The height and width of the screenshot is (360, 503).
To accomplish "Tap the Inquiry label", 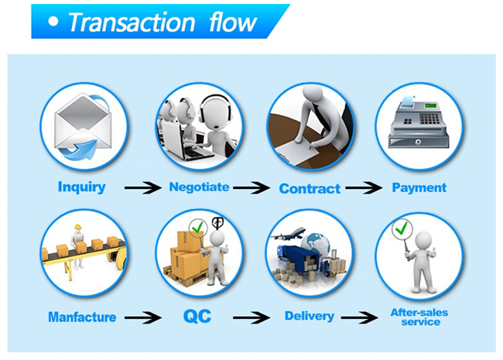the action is [81, 187].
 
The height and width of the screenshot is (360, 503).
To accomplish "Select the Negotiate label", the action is [199, 187].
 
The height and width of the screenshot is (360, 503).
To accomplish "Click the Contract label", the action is [310, 188].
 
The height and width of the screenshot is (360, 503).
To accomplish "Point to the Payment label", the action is [419, 187].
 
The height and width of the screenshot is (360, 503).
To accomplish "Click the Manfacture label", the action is [82, 317].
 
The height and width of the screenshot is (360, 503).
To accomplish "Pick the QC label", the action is [197, 316].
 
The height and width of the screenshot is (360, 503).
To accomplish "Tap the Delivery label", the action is [309, 316].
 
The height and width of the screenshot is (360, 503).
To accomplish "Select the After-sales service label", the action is [419, 317].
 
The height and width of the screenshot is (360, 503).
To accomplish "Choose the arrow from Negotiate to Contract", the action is [253, 188].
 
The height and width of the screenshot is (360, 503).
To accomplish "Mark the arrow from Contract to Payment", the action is [364, 188].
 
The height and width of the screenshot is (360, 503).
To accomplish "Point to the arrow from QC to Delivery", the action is [252, 317].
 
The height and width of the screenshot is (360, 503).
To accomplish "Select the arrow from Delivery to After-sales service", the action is [362, 317].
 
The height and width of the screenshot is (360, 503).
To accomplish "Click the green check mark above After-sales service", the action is [402, 229].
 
